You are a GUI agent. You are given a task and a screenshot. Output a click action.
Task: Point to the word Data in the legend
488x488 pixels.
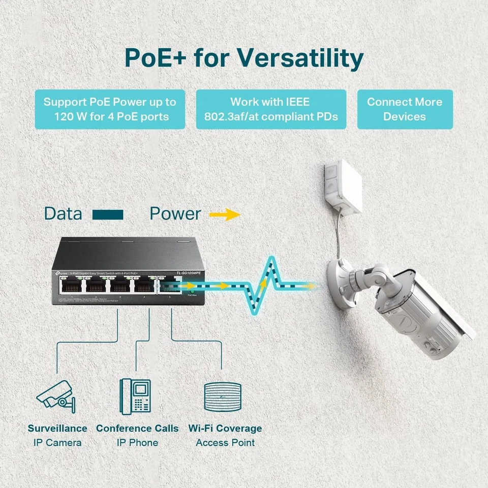(63, 213)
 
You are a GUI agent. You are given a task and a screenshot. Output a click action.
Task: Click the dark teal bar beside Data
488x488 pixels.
(108, 215)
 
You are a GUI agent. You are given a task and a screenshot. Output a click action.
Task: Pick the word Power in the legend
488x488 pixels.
(175, 213)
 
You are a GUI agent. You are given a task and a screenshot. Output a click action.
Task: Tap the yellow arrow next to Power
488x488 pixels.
(224, 215)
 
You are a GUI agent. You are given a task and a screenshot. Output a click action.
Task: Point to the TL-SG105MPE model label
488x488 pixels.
(188, 273)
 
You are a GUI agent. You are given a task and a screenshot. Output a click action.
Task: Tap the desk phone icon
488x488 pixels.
(136, 395)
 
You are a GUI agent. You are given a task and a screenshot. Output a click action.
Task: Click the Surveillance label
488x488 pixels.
(57, 429)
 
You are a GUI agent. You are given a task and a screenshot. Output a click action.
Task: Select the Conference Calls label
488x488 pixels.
(137, 429)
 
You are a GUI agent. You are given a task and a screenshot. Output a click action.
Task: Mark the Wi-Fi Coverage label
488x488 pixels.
(225, 429)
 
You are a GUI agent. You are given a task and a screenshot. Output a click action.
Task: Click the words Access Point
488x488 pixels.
(225, 443)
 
